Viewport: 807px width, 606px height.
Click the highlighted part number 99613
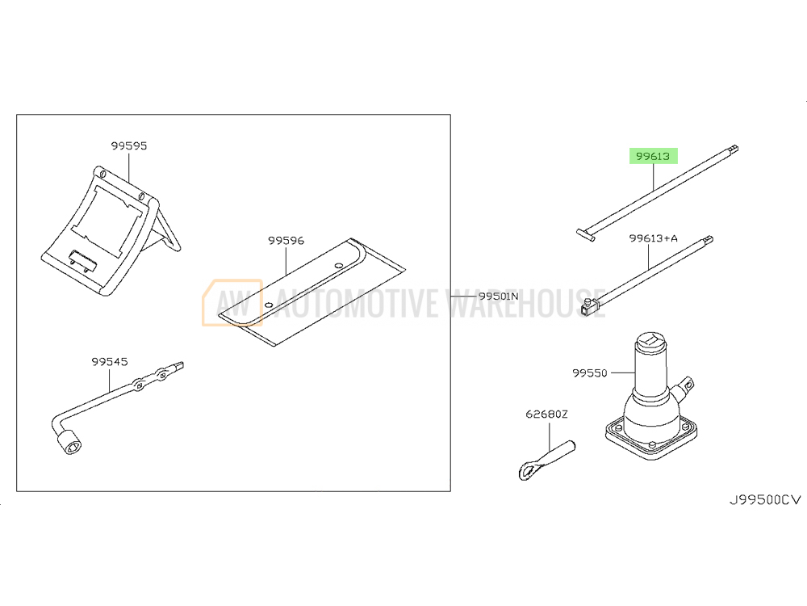click(653, 156)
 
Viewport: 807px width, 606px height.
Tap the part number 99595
click(128, 145)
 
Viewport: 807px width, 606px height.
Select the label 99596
click(286, 241)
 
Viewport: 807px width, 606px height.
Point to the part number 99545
click(109, 362)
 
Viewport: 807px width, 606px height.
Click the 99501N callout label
click(498, 297)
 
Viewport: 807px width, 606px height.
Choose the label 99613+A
click(653, 238)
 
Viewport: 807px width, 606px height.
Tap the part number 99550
click(590, 372)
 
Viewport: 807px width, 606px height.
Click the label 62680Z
click(546, 415)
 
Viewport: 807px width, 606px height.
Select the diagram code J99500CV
click(765, 500)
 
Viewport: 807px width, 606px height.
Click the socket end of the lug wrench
click(69, 442)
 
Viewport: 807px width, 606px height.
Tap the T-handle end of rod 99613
click(586, 235)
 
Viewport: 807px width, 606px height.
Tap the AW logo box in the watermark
click(232, 303)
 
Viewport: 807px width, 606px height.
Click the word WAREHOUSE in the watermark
click(525, 303)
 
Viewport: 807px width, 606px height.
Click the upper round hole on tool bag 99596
click(339, 266)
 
